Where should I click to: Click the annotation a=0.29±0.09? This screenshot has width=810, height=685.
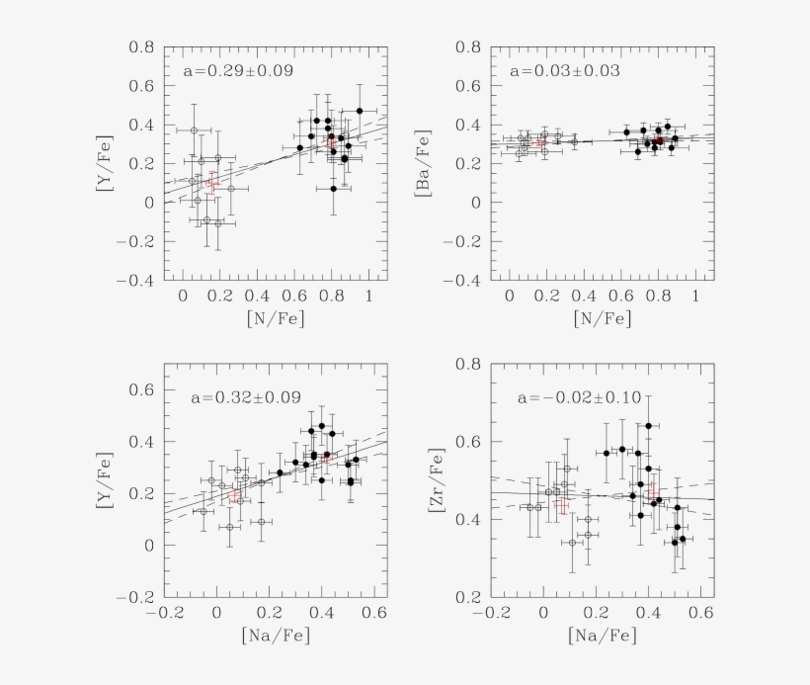pyautogui.click(x=238, y=72)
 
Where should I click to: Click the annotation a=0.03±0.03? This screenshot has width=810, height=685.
pyautogui.click(x=564, y=72)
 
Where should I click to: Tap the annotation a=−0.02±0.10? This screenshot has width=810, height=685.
pyautogui.click(x=579, y=398)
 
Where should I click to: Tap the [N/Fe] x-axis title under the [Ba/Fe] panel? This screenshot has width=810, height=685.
pyautogui.click(x=602, y=318)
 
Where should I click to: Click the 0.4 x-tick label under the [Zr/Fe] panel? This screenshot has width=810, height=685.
pyautogui.click(x=649, y=614)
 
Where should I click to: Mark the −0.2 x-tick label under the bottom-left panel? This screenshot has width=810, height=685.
pyautogui.click(x=166, y=614)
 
